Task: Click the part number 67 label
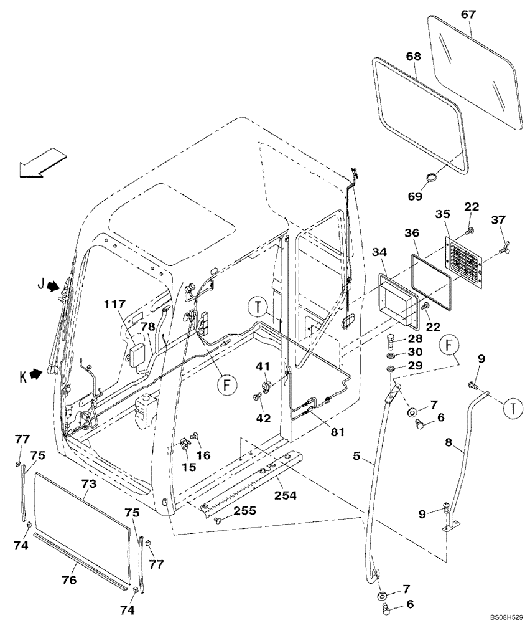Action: click(467, 13)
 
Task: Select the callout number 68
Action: click(414, 56)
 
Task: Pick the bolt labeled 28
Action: click(390, 341)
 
